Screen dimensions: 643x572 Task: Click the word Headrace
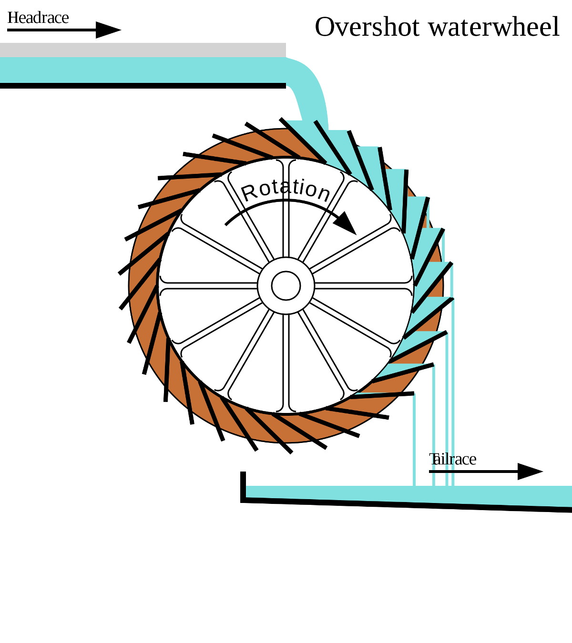click(38, 18)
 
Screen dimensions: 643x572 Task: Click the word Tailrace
click(453, 459)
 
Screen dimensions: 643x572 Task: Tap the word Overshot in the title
click(368, 27)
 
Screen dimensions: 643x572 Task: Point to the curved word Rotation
click(286, 189)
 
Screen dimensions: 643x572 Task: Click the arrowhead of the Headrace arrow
click(109, 30)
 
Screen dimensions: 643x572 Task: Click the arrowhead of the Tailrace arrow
click(530, 472)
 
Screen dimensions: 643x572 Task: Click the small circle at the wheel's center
click(286, 286)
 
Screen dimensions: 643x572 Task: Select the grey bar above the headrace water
click(143, 50)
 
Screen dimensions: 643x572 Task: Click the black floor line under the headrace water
click(143, 86)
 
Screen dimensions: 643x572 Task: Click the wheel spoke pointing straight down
click(286, 362)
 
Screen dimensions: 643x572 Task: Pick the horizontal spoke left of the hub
click(210, 286)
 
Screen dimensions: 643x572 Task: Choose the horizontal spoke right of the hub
click(362, 286)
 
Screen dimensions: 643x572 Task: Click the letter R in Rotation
click(249, 193)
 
